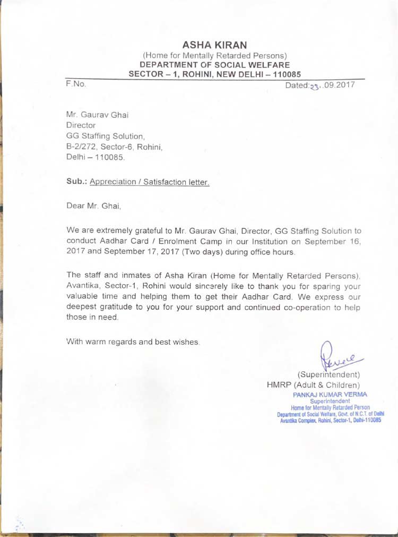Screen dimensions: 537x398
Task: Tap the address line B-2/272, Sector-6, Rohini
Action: (x=114, y=147)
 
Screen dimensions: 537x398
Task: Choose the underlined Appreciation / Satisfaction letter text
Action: (x=150, y=182)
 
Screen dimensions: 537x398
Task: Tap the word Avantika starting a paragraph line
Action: (x=83, y=286)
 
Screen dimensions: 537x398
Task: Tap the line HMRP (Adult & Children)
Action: (x=313, y=384)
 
